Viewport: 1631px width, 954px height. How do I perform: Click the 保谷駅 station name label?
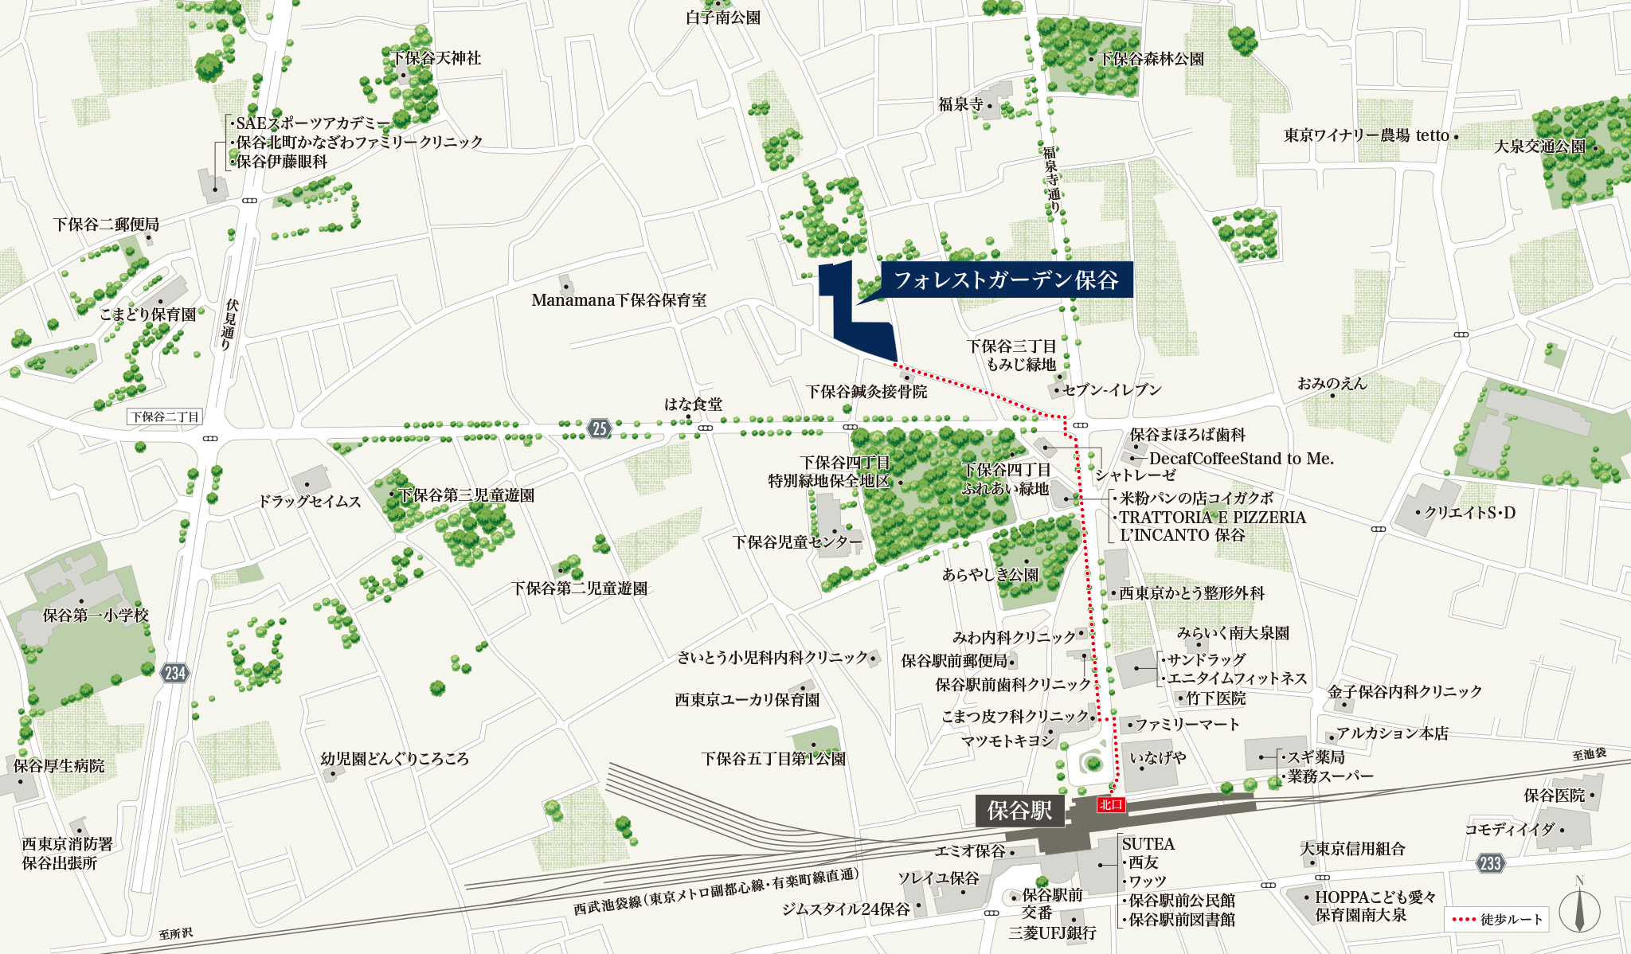[x=1019, y=811]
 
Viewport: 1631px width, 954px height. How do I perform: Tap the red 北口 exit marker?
[x=1110, y=804]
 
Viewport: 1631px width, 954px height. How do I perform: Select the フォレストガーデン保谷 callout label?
[x=1006, y=280]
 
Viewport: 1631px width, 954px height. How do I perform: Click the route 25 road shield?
[x=599, y=428]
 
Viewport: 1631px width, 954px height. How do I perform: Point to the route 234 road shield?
[x=174, y=673]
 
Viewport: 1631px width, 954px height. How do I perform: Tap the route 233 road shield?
[x=1490, y=862]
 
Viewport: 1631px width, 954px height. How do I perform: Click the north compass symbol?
[x=1578, y=909]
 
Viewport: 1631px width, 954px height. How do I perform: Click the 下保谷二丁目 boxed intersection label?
[x=165, y=416]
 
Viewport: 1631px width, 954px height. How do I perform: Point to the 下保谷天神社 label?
[x=436, y=58]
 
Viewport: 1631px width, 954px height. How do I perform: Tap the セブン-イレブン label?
[x=1112, y=390]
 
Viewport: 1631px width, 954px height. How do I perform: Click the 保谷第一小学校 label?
[x=96, y=615]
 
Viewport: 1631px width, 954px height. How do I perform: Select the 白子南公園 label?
[x=723, y=18]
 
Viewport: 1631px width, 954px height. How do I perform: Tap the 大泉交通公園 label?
[x=1539, y=147]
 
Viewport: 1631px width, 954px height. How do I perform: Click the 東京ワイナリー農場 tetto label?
[x=1367, y=135]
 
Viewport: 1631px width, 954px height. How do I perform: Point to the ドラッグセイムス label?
[x=309, y=502]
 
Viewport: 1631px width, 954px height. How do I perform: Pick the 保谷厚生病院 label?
[x=59, y=766]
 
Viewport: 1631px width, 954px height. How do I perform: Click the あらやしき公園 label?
[x=990, y=574]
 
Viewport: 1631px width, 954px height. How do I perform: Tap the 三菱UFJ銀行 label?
[x=1052, y=932]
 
